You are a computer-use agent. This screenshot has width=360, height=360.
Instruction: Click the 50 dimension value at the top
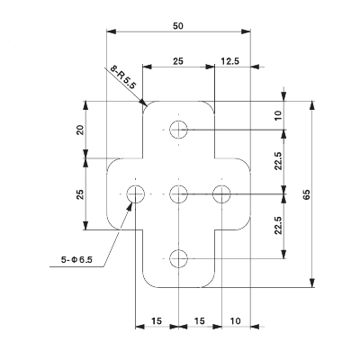(x=178, y=27)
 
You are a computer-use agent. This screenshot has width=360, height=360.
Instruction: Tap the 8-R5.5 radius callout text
(x=123, y=77)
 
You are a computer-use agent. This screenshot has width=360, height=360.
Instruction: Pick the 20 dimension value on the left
(x=80, y=130)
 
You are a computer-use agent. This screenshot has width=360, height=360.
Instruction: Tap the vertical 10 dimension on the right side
(x=279, y=115)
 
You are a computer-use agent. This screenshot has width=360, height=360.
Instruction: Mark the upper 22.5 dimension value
(x=279, y=160)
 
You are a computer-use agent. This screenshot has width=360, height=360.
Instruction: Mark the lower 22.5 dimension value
(x=279, y=225)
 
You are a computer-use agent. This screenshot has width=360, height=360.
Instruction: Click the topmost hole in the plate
(x=179, y=128)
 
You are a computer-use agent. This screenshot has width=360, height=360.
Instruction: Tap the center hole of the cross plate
(x=179, y=193)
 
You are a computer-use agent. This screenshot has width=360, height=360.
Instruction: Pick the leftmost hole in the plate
(x=136, y=193)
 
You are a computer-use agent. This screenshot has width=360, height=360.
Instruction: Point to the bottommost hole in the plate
(x=179, y=258)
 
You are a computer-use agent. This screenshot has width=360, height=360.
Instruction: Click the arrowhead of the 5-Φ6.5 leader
(x=131, y=202)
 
